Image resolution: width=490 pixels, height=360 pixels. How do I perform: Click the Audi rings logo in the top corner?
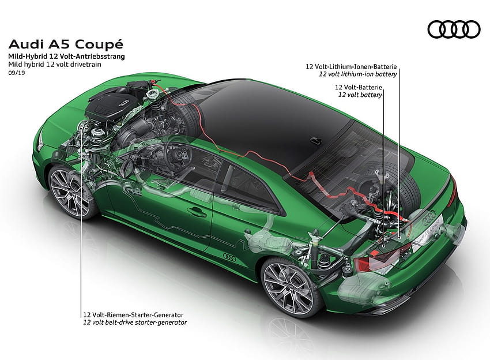[454, 29]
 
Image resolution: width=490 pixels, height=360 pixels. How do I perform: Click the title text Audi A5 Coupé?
[66, 44]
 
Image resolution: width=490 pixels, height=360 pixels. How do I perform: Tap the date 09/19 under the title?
[17, 73]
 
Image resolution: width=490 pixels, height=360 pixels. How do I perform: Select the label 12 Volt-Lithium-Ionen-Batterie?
[351, 66]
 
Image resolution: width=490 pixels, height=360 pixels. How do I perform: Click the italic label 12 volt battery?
[360, 95]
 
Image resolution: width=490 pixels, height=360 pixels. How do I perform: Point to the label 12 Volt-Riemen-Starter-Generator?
[133, 314]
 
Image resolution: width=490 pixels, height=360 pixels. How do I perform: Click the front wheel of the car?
[72, 192]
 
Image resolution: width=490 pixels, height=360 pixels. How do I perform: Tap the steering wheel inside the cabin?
[177, 155]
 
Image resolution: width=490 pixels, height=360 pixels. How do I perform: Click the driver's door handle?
[197, 212]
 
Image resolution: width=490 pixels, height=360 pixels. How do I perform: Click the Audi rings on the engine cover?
[125, 102]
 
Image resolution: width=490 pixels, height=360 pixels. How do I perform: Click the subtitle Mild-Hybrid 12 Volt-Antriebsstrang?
[66, 57]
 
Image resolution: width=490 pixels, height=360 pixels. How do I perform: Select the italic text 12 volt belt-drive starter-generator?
[135, 322]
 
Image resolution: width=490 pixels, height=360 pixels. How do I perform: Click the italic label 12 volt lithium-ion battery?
[358, 74]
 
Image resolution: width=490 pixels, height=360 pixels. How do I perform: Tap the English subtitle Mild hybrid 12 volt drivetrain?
[55, 65]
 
